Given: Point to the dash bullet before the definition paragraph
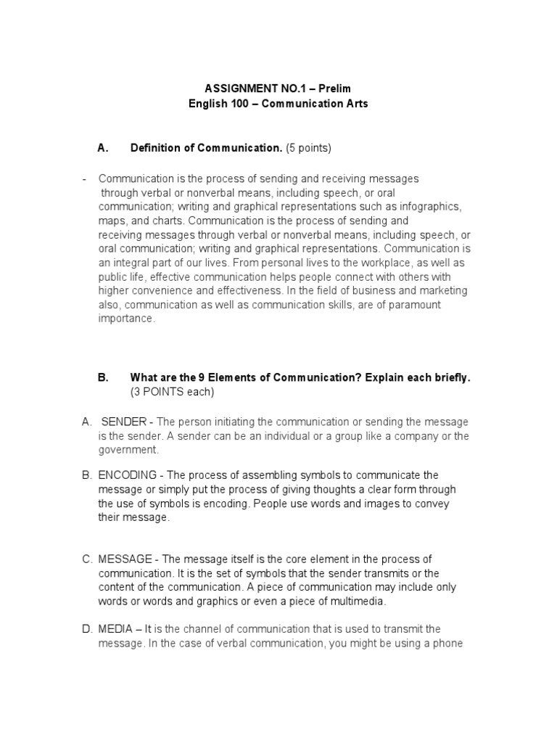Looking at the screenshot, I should point(85,178).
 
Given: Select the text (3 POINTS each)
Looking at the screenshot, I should point(173,393).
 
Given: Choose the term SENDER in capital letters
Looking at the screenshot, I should point(124,422).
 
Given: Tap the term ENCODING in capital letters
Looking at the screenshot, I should point(128,475).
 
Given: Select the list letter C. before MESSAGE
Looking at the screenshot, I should point(87,559).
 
